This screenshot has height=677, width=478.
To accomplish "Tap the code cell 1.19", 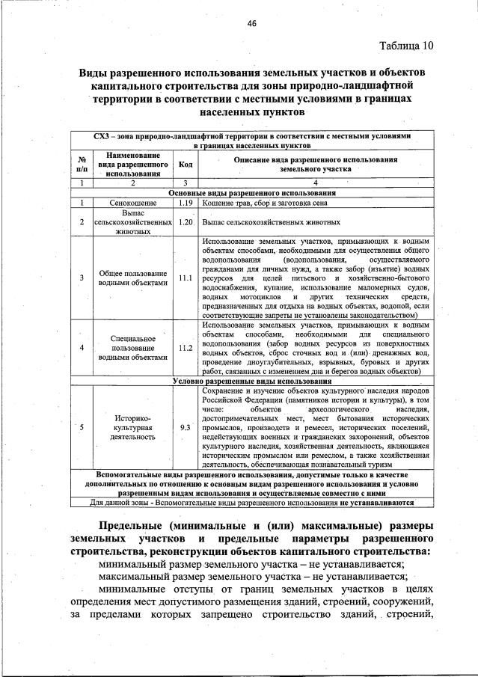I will point(186,202).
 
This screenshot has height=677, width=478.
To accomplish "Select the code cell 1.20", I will point(186,222).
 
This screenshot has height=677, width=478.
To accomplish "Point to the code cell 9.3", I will point(186,427).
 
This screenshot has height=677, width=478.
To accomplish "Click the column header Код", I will point(186,164).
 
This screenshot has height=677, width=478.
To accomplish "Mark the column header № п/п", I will point(81,164).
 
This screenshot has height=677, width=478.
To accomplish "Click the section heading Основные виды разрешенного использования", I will point(251,192).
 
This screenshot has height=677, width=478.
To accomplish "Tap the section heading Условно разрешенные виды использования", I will point(251,381).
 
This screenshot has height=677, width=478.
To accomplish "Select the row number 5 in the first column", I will point(81,427).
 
